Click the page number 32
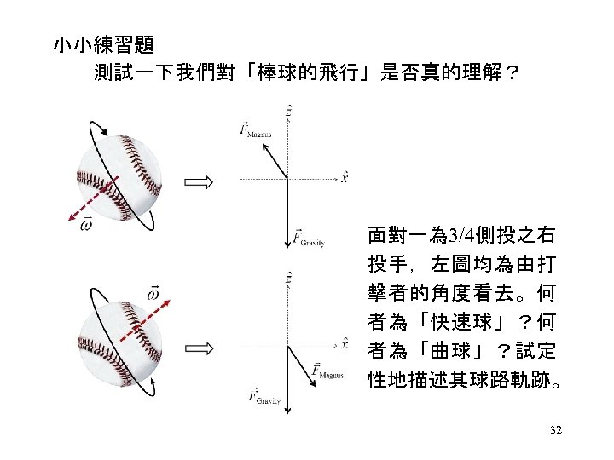pos(556,431)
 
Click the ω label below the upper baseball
pos(86,224)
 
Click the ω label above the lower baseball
pos(153,293)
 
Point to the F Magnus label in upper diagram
pos(255,129)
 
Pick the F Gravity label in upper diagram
pos(308,240)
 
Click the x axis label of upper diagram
pos(344,177)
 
